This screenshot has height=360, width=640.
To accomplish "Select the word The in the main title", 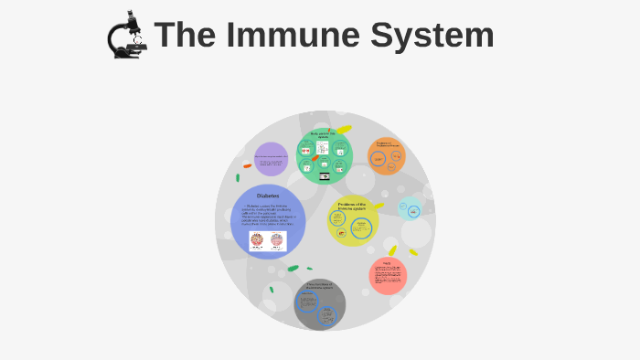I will point(187,36).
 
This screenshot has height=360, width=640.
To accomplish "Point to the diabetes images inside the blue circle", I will point(268,241).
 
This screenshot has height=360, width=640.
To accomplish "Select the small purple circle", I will point(271,159).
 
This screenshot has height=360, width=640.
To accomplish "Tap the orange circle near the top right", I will point(387,156).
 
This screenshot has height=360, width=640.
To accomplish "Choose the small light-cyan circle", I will point(411,209).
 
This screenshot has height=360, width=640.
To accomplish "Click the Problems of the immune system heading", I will point(352,206).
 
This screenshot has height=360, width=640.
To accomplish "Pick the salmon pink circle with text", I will point(388,275).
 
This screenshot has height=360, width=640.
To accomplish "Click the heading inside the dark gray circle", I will point(320,286).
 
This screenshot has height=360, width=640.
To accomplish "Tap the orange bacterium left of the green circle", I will point(247,165).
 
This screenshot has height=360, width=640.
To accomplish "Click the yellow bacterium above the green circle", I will point(345,129).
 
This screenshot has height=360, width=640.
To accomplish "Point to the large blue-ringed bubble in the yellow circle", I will point(361,228).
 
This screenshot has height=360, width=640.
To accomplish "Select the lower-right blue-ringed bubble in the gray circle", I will point(327,316).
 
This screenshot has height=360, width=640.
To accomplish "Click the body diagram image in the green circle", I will point(323,148).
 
